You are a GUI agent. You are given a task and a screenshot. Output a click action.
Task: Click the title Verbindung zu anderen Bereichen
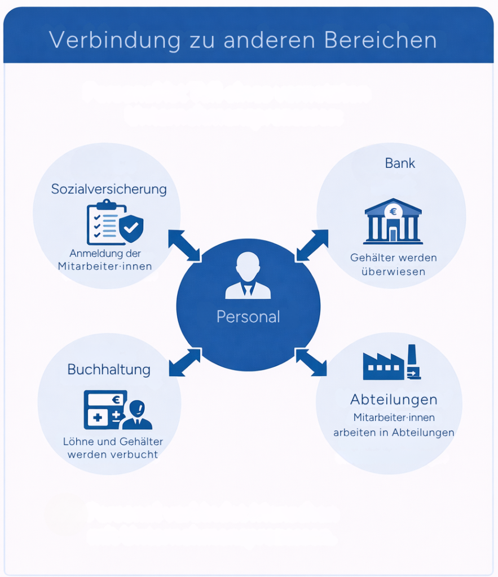pos(243,40)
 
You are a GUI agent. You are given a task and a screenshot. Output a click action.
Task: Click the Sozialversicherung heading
pos(109,189)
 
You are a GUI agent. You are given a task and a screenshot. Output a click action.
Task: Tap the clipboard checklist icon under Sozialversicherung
pos(102,222)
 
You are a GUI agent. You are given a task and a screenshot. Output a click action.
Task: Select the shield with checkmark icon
pos(131,228)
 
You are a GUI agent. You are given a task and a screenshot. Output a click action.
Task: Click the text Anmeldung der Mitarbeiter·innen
pos(105,260)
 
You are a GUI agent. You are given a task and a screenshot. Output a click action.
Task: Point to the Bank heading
pos(400,163)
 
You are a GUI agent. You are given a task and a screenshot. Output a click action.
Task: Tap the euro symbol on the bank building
pos(393,212)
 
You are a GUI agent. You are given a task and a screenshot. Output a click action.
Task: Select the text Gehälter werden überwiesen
pos(394,264)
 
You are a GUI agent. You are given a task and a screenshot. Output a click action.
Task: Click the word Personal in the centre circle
pos(248,317)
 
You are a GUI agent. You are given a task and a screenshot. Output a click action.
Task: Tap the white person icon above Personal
pos(248,276)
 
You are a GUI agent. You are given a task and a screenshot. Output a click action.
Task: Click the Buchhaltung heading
pos(109,370)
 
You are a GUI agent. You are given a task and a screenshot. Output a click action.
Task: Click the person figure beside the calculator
pos(137,415)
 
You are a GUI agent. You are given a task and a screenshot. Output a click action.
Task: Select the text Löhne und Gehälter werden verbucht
pos(113,448)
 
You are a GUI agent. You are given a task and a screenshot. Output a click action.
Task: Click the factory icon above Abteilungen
pos(391,362)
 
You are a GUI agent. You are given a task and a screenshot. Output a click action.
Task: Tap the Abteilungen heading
pos(394,400)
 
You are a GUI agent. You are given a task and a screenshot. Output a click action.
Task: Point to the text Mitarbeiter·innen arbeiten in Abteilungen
pos(394,425)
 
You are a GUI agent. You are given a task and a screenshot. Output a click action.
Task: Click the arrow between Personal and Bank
pos(312,245)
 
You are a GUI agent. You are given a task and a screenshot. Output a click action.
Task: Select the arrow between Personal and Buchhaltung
pos(184,362)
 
